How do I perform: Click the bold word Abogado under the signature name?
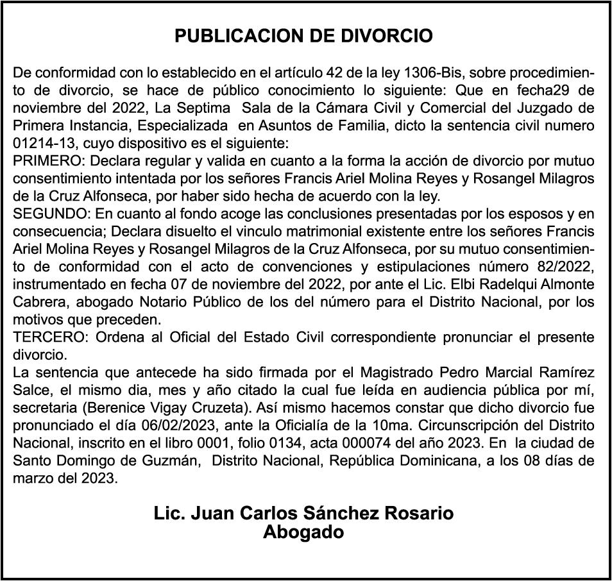tap(303, 532)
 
